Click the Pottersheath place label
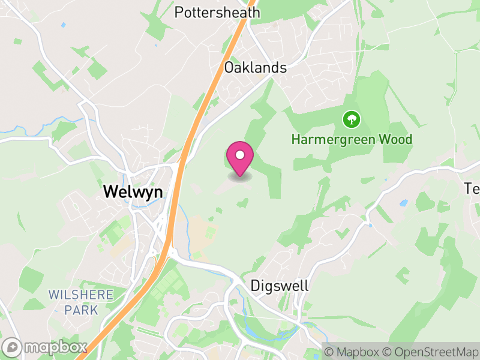click(x=217, y=13)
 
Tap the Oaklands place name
click(x=255, y=68)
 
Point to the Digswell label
click(x=280, y=286)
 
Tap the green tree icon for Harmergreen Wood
click(x=351, y=119)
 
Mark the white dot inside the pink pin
click(x=240, y=155)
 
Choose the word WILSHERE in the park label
click(x=81, y=295)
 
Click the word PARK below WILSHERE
click(x=81, y=310)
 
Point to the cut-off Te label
click(x=472, y=188)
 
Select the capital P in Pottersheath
click(x=179, y=13)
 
